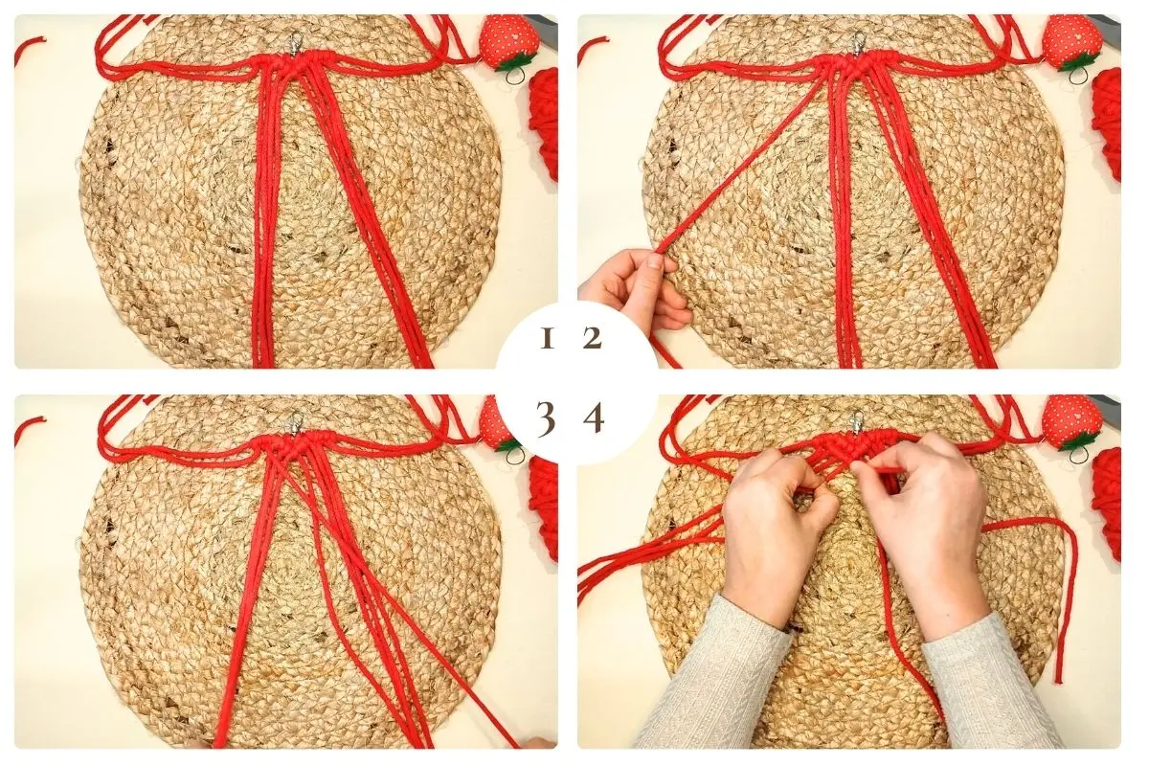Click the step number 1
[548, 339]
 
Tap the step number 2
[593, 339]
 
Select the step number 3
[546, 419]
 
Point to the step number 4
[594, 419]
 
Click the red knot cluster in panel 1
[291, 66]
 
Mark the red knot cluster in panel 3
[291, 445]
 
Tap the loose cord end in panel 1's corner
[29, 48]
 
